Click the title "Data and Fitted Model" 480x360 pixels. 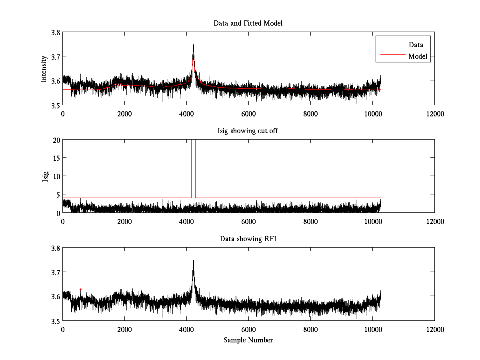tap(248, 23)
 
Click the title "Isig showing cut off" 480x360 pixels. tap(248, 131)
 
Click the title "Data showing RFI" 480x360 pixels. tap(248, 239)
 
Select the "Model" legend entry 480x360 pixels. tap(418, 56)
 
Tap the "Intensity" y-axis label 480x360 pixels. tap(44, 68)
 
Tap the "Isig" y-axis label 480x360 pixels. tap(45, 176)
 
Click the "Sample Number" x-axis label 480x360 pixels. tap(248, 340)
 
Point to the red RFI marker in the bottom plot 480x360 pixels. tap(80, 289)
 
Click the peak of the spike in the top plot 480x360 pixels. tap(194, 45)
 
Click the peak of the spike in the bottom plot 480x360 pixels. tap(194, 261)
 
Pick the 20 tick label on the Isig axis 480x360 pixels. tap(56, 140)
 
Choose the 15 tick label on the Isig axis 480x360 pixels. tap(56, 158)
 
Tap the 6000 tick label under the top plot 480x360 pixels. tap(248, 114)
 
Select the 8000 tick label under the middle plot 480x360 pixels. tap(310, 222)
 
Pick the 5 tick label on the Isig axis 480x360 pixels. tap(58, 194)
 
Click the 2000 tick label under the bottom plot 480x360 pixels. tap(124, 330)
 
